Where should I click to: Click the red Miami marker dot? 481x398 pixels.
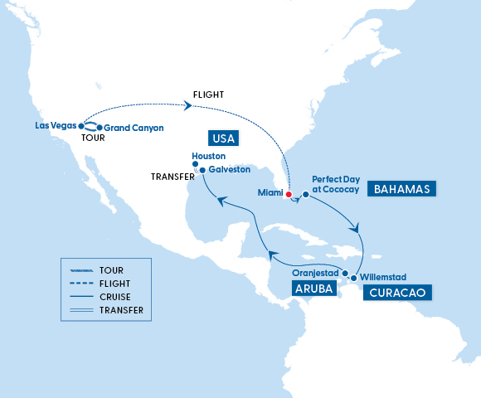pos(289,195)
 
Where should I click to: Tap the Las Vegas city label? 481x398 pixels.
pos(56,125)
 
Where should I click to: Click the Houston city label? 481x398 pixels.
pos(208,156)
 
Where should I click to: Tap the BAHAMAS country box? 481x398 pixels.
pos(401,189)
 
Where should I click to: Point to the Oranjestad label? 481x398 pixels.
pos(318,271)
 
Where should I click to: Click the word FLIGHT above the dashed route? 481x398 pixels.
pos(207,93)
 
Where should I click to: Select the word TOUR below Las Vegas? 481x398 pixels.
pos(94,140)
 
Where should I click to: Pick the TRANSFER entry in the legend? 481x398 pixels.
pos(120,310)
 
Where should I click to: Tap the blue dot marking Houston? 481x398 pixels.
pos(195,164)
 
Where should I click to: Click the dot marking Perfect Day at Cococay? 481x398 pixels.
pos(305,195)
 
